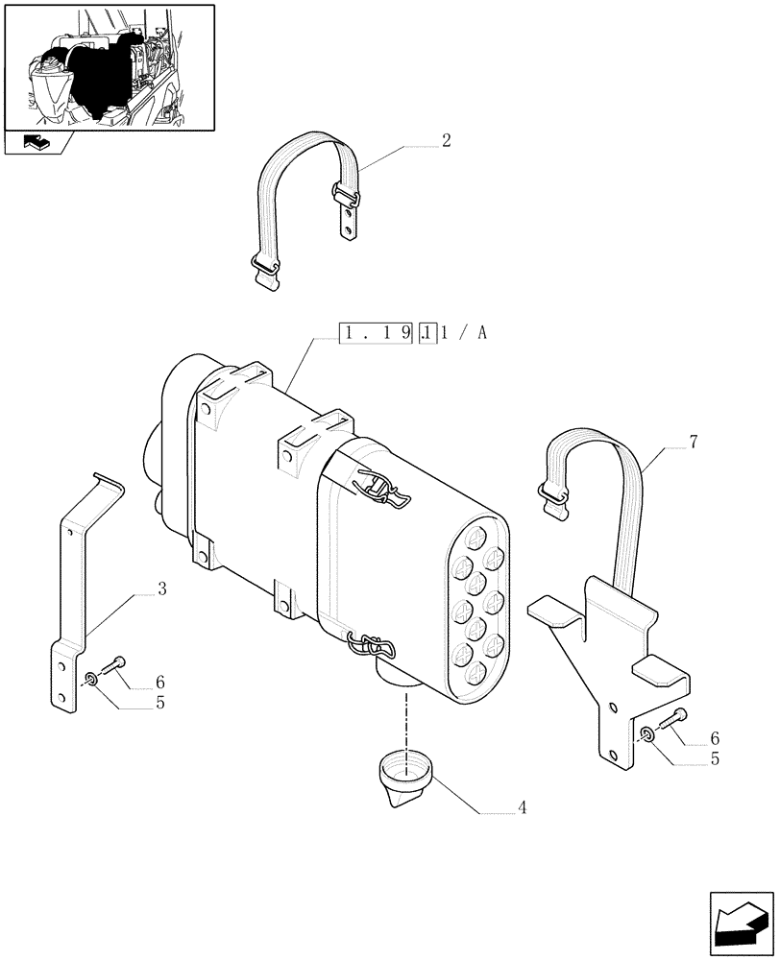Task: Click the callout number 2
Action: (x=447, y=140)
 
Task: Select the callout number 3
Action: (x=161, y=589)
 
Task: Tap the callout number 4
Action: (x=522, y=807)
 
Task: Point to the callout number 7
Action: (x=693, y=443)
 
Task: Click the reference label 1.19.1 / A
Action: (x=414, y=334)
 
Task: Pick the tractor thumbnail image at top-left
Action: (x=110, y=66)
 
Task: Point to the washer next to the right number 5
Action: (x=647, y=735)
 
